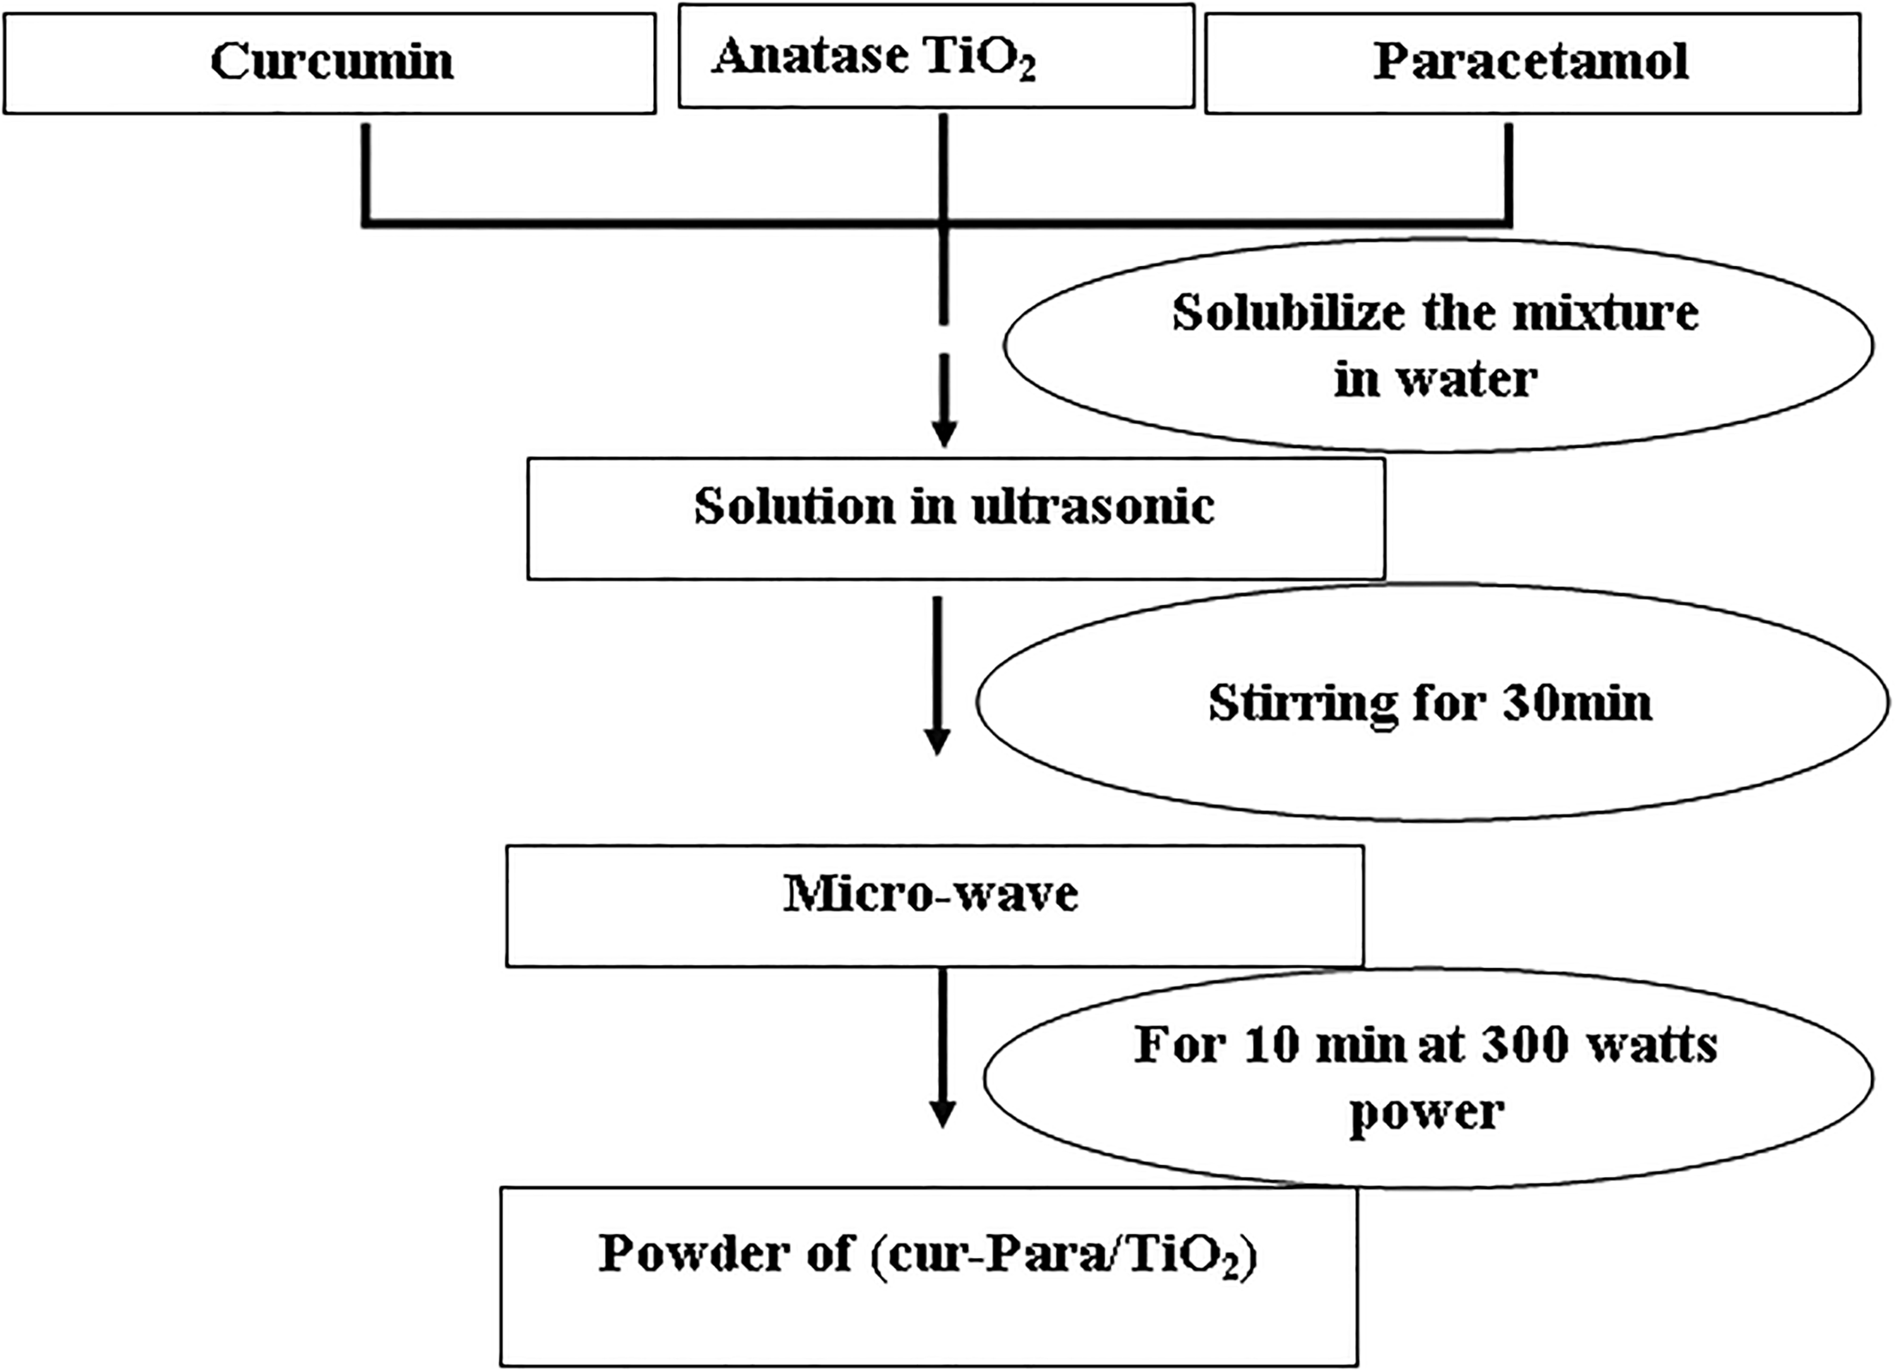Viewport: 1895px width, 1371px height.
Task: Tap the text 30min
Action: (x=1577, y=703)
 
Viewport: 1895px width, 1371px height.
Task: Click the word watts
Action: (x=1652, y=1046)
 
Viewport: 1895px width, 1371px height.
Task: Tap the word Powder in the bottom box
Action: (x=726, y=1253)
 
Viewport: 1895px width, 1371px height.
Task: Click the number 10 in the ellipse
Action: (x=1271, y=1045)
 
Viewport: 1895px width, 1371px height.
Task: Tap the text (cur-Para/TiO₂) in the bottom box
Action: (x=1064, y=1255)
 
